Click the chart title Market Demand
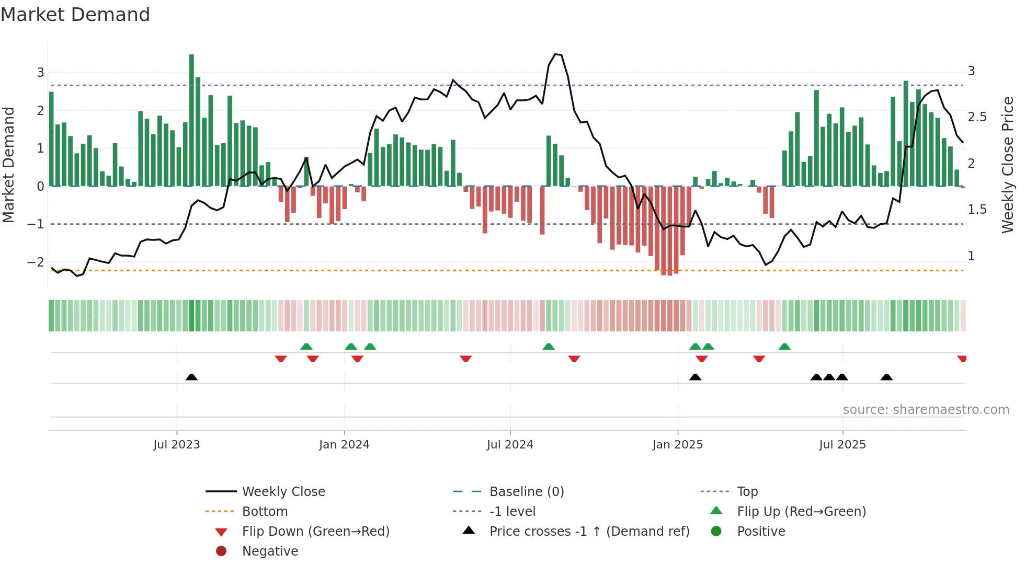coord(75,15)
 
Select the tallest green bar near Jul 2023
coord(191,120)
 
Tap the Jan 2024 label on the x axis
coord(344,445)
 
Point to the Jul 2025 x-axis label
coord(842,445)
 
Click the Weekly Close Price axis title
coord(1007,165)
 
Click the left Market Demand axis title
coord(8,165)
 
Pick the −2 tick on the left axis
coord(36,262)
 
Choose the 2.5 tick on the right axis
coord(977,117)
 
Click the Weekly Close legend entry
coord(283,492)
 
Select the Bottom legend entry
coord(265,512)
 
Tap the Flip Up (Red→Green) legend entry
coord(801,512)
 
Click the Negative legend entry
coord(270,551)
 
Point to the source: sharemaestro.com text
coord(926,410)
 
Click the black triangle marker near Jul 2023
coord(191,377)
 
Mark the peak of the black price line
coord(556,54)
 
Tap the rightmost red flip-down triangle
coord(962,359)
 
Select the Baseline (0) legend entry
coord(526,492)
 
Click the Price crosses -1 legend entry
coord(589,532)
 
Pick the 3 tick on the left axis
coord(40,73)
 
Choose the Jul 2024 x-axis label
coord(510,445)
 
